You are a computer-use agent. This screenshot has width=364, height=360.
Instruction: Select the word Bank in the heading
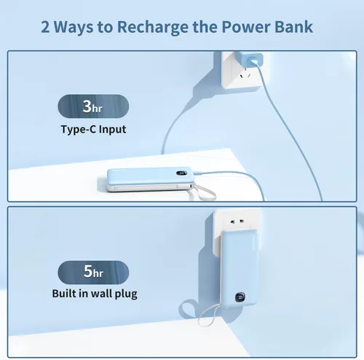point(295,27)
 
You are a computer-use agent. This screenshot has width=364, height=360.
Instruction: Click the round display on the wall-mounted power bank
point(240,300)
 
